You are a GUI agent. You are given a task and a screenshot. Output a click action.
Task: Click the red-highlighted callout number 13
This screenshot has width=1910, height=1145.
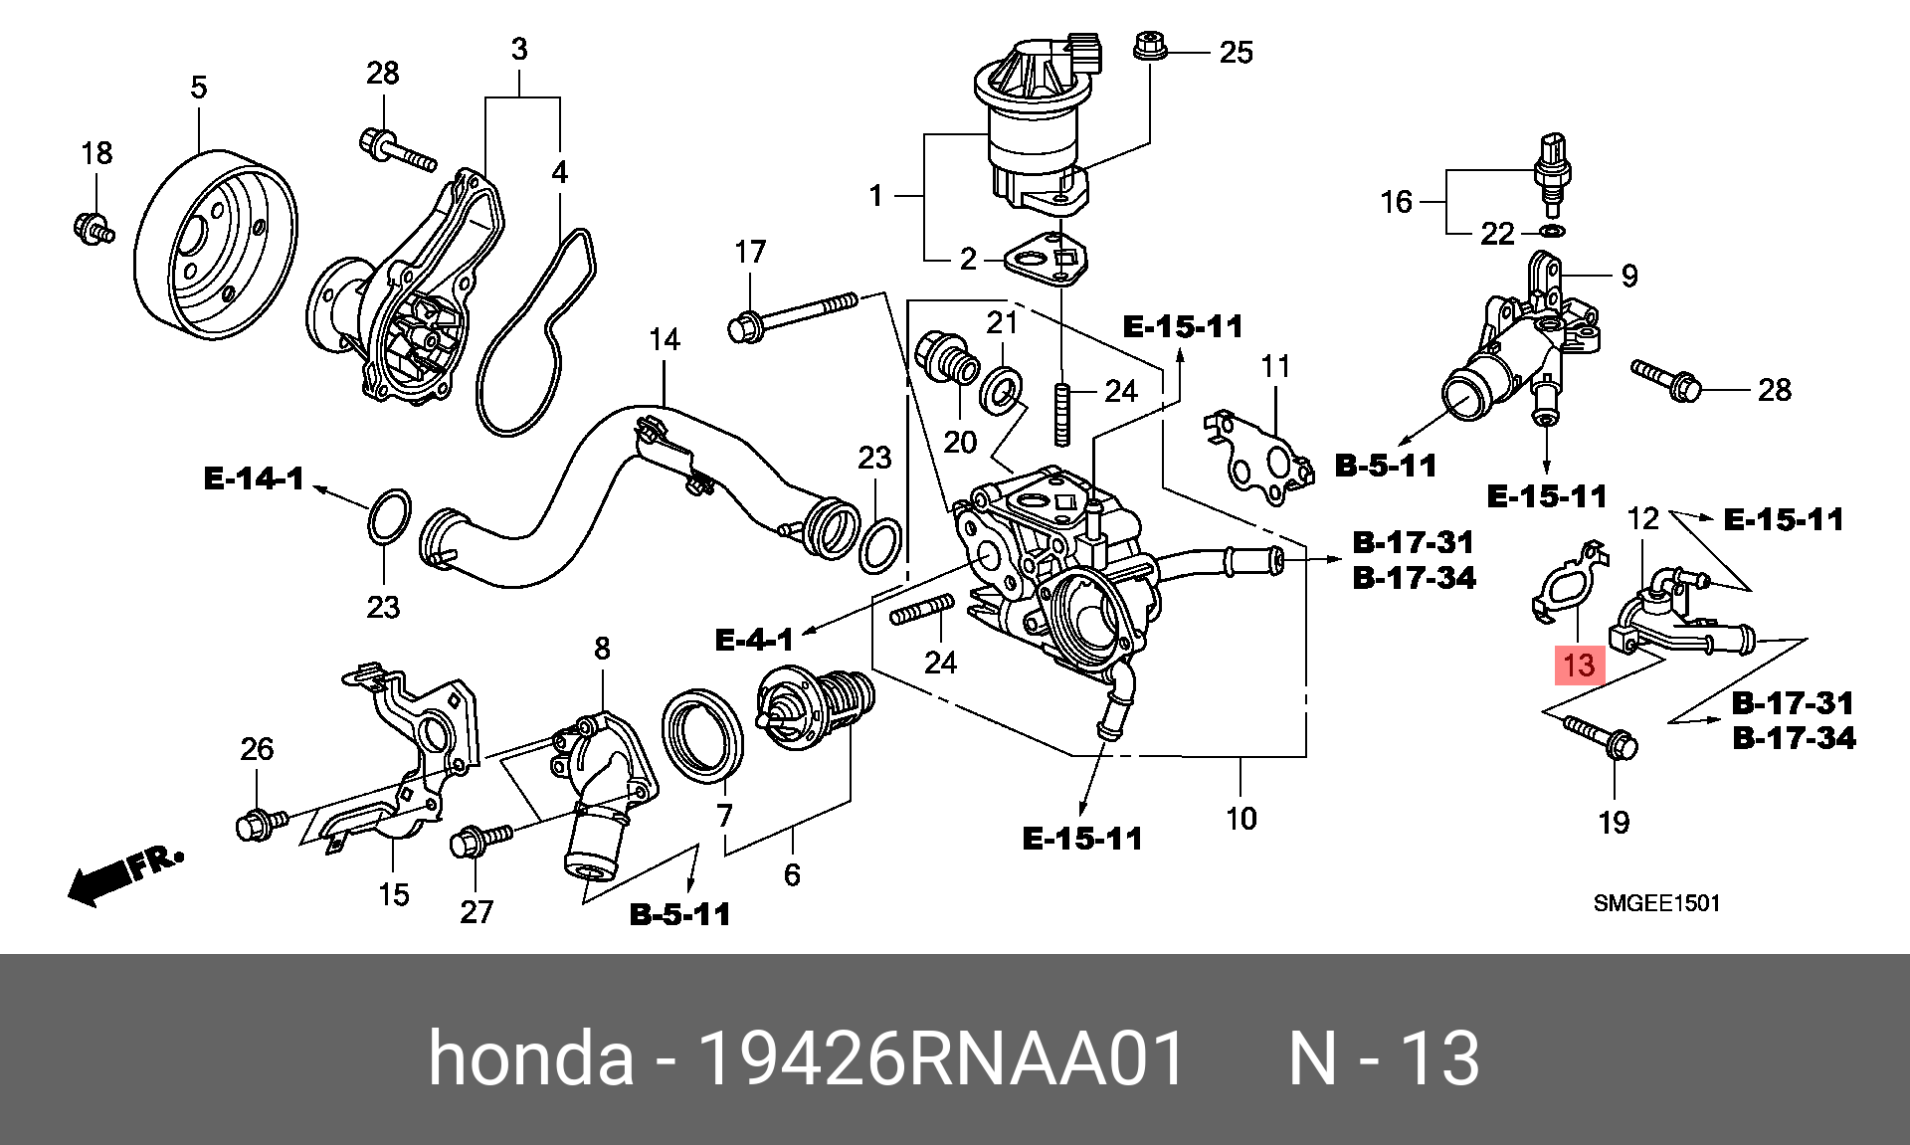pos(1579,665)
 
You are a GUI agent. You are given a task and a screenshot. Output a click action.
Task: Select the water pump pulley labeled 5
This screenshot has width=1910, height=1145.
pos(216,245)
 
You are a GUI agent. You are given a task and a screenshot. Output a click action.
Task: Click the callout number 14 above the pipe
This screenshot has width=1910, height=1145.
pos(664,340)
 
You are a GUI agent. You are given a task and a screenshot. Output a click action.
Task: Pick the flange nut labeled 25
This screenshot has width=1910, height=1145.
pos(1150,46)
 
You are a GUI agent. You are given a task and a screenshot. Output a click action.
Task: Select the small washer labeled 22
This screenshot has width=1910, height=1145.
pos(1551,232)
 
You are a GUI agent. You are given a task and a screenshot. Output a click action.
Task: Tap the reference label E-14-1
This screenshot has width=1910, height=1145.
pos(254,478)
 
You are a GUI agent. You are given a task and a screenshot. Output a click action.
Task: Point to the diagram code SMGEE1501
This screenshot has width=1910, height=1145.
pos(1656,903)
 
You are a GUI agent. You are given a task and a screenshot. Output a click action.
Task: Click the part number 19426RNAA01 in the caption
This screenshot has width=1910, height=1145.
pos(941,1057)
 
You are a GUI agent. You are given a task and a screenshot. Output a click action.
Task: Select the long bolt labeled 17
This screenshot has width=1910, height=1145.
pos(794,314)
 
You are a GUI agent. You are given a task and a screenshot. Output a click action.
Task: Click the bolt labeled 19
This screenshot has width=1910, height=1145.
pos(1602,737)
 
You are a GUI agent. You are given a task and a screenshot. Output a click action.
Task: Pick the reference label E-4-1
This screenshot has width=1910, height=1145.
pos(754,640)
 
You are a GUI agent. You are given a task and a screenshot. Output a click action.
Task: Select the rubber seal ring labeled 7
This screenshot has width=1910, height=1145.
pos(702,734)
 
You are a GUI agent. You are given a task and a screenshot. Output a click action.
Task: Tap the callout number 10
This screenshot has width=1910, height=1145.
pos(1241,819)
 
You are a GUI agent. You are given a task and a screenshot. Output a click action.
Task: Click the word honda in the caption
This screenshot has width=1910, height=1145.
pos(530,1057)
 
